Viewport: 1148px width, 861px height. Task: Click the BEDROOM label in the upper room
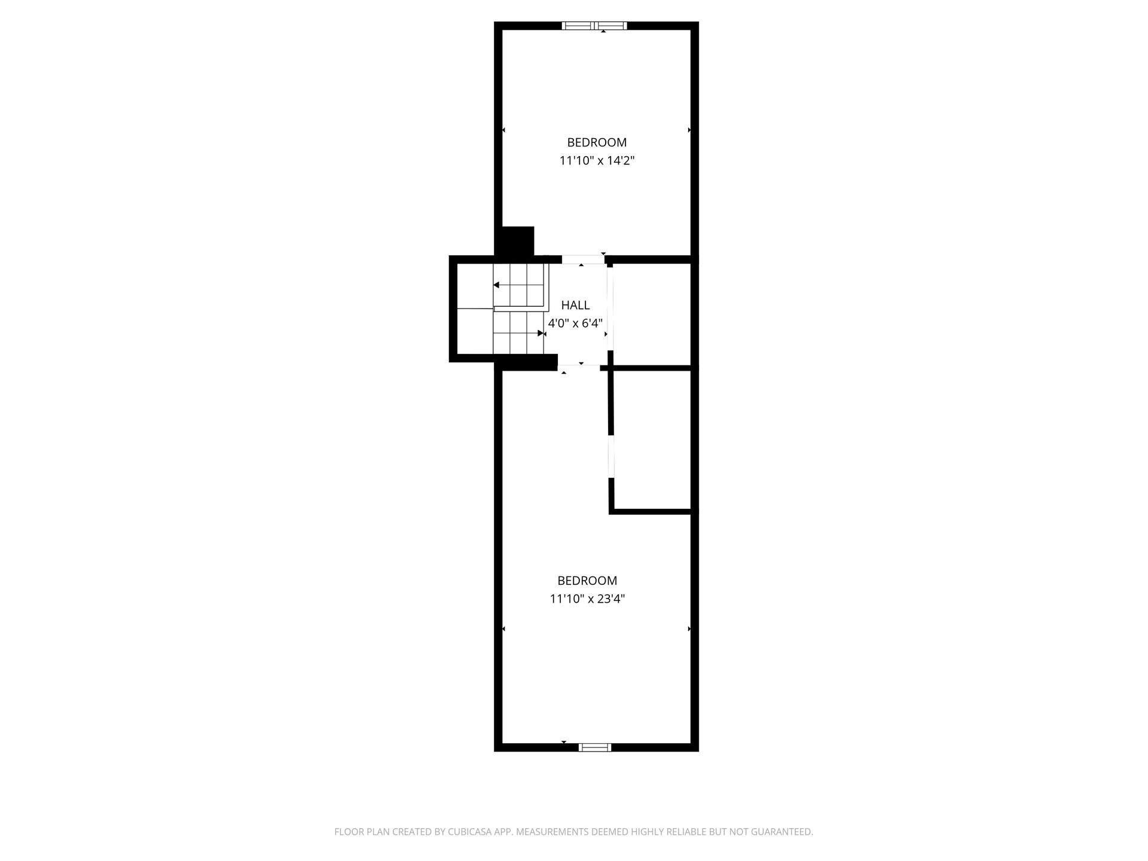[597, 142]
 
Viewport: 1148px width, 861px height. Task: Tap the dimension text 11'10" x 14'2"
[597, 160]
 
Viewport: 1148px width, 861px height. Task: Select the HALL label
[575, 305]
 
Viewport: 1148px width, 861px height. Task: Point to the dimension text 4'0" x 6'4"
[575, 323]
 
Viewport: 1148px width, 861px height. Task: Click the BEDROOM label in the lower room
[587, 581]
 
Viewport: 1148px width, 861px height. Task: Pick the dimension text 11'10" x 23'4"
[587, 599]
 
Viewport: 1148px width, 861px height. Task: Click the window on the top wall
[595, 26]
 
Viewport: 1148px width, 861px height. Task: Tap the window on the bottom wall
[595, 747]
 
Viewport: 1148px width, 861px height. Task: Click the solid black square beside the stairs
[517, 242]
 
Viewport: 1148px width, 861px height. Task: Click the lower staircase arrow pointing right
[518, 333]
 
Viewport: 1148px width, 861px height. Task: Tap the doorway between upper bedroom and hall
[583, 259]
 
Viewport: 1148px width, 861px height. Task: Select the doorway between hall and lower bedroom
[579, 367]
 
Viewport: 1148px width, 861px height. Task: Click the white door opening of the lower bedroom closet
[611, 457]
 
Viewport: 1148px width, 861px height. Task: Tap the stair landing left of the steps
[475, 309]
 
